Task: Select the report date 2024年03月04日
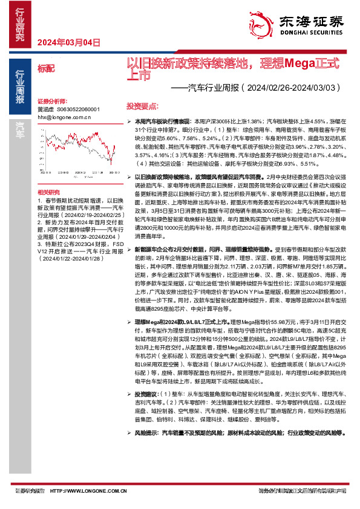click(68, 42)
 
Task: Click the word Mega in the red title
click(292, 63)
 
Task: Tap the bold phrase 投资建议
click(144, 393)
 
